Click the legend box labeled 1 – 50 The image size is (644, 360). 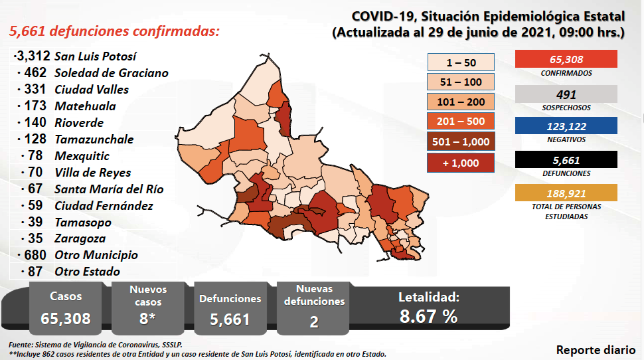coord(461,62)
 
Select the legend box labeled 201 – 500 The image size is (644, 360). coord(461,122)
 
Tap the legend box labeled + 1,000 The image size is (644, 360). coord(461,161)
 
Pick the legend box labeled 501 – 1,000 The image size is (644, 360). coord(461,141)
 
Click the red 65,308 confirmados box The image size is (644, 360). coord(566,59)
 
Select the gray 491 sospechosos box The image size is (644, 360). coord(566,94)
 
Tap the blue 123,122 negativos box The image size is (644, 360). coord(566,126)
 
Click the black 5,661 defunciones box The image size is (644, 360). coord(566,159)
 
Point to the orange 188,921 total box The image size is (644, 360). coord(566,193)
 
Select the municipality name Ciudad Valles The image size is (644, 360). coord(92,90)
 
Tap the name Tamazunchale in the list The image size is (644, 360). coord(94,139)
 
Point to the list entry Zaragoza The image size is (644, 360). coord(80,238)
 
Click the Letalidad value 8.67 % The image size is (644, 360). coord(428,316)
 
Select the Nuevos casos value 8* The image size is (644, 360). coord(148,318)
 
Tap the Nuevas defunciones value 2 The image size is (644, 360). coord(313,321)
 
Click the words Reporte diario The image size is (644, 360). coord(595,350)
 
